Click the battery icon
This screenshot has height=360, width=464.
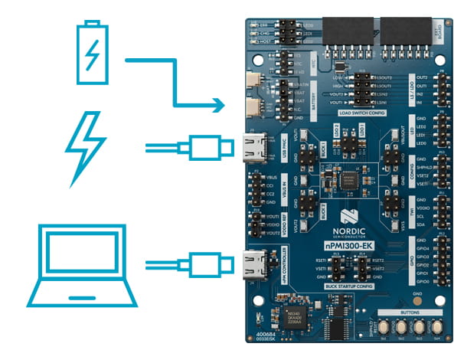coord(92,52)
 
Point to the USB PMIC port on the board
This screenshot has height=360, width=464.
coord(253,146)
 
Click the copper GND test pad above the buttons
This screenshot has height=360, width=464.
coord(417,301)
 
